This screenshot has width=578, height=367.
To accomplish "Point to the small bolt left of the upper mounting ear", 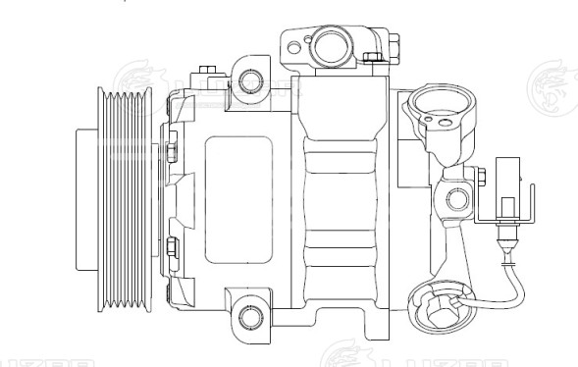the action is point(206,71).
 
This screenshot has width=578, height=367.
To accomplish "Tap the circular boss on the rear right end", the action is point(458,202).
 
